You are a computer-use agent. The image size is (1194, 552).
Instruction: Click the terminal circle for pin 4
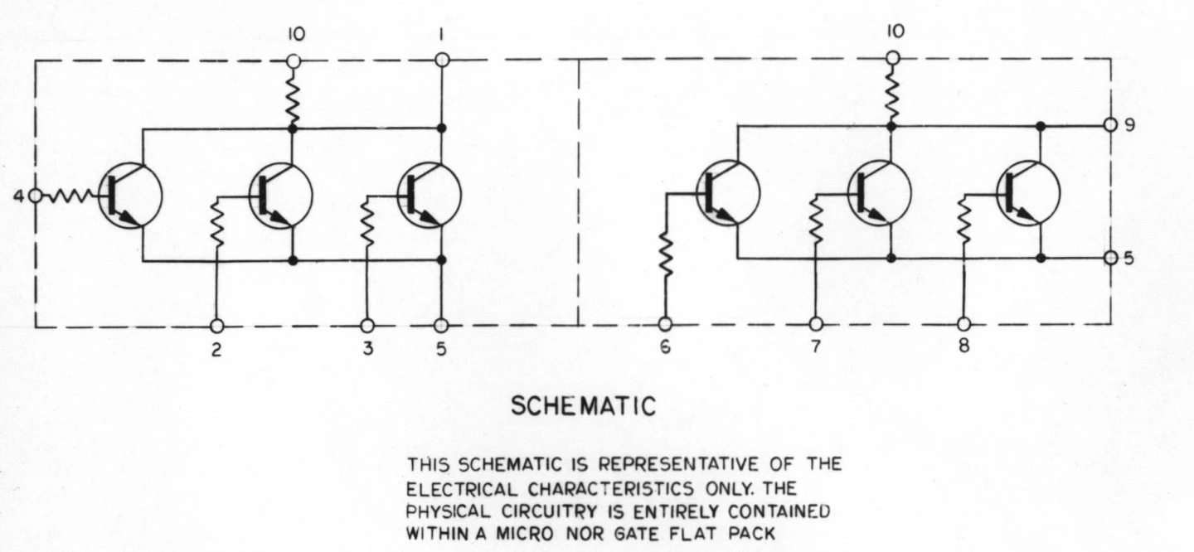click(x=35, y=196)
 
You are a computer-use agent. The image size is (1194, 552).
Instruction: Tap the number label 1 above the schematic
click(x=442, y=36)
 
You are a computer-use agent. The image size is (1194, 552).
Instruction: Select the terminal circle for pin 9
click(x=1110, y=125)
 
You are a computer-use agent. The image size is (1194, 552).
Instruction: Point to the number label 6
click(x=665, y=348)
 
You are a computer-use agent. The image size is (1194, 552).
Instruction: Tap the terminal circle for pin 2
click(x=217, y=326)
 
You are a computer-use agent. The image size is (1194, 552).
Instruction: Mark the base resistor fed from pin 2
click(x=217, y=223)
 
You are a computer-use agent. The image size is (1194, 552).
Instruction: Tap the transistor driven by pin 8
click(x=1029, y=193)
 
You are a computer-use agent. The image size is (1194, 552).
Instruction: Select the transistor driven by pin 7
click(x=879, y=193)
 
